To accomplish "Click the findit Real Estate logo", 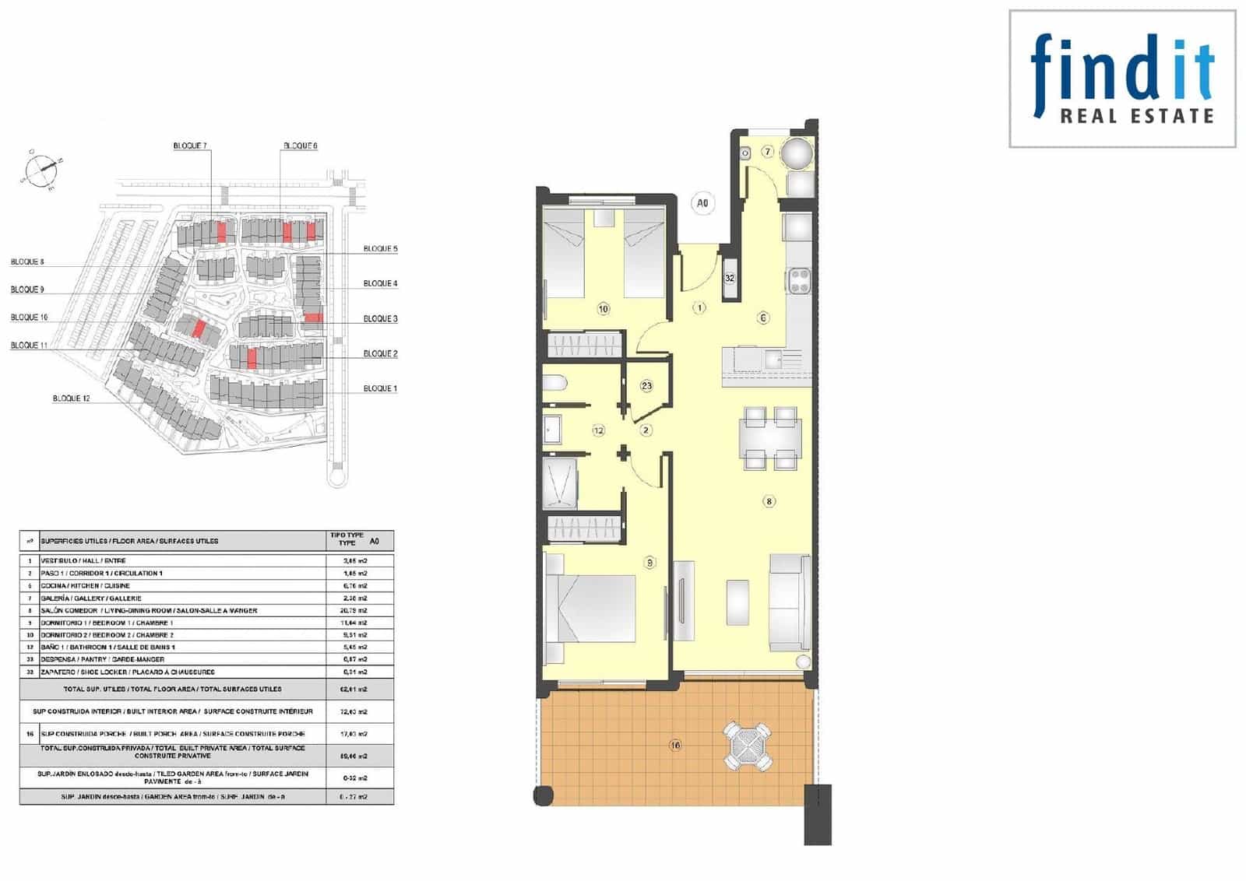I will tap(1122, 79).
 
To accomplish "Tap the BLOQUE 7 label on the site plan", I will tap(190, 146).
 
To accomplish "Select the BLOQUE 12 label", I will tap(72, 398).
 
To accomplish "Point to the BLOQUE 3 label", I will tap(380, 319).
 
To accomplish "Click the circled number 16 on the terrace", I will tap(675, 746).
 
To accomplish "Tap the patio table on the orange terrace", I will tap(748, 746).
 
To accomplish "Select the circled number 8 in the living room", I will tap(769, 501).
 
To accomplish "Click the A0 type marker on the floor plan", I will tap(702, 204).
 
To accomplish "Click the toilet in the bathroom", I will tap(556, 384).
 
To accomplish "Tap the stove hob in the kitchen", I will tap(799, 280).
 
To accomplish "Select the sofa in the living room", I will tap(790, 603).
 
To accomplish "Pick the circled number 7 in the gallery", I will tap(768, 152).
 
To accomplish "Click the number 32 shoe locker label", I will tap(730, 278).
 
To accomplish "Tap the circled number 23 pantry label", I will tap(646, 386).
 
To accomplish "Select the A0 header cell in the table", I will tap(375, 541).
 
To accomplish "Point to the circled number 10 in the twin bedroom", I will tap(604, 309).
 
